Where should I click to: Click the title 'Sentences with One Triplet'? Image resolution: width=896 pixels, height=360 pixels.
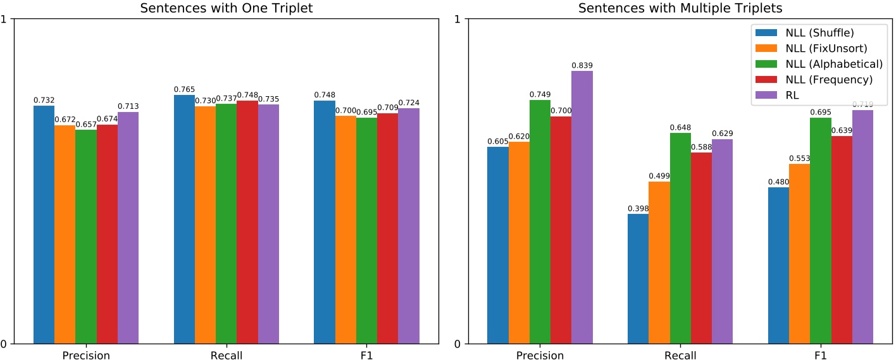tap(226, 8)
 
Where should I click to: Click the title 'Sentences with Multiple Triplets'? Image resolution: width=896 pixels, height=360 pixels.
tap(671, 8)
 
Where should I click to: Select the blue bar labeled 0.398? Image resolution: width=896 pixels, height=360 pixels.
tap(638, 279)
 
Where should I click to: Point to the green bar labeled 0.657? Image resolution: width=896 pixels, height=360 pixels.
tap(86, 237)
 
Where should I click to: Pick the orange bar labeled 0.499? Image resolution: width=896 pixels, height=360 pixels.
tap(659, 263)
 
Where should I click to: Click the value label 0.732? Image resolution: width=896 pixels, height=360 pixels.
tap(44, 100)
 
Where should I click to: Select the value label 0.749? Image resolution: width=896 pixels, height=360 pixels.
tap(540, 94)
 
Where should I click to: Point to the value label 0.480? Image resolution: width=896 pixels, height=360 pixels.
tap(778, 182)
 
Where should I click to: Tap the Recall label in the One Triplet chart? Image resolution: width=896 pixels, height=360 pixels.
tap(227, 356)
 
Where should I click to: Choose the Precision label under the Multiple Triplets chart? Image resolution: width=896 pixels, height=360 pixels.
tap(539, 356)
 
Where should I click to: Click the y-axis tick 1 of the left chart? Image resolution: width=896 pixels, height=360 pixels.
tap(6, 19)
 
